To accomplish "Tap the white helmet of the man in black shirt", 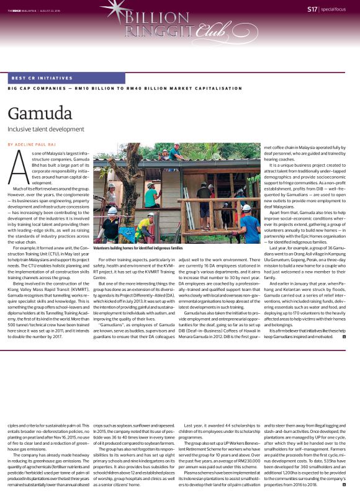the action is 112,211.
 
